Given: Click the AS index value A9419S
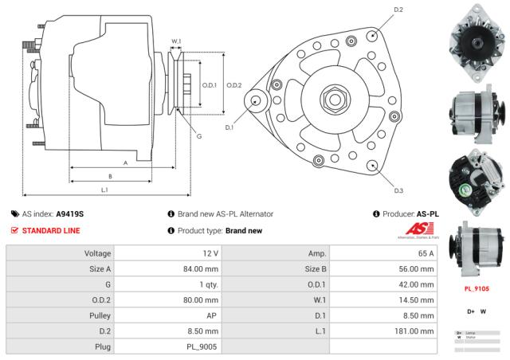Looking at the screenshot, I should (x=70, y=214).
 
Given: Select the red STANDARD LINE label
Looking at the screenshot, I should (x=50, y=231).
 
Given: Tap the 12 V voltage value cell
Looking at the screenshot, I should (x=210, y=253).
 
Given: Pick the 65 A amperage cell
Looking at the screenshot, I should (x=426, y=253).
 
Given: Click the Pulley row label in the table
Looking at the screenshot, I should (x=97, y=315).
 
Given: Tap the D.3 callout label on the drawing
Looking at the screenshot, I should (x=398, y=190).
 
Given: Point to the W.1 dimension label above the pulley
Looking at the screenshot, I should (x=177, y=41).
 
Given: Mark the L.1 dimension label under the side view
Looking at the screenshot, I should (x=105, y=190).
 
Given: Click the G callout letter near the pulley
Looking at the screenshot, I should (x=198, y=136).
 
